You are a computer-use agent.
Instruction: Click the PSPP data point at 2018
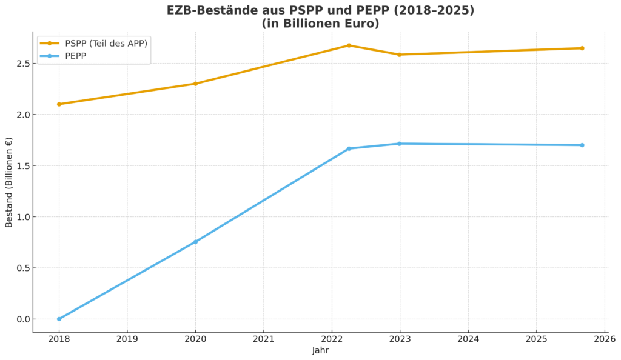59,104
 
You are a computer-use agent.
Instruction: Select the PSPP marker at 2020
195,84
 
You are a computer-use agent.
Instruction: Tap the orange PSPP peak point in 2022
349,45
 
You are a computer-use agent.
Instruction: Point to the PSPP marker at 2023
399,55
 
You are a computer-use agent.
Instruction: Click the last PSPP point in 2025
582,48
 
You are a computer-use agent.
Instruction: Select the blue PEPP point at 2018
59,319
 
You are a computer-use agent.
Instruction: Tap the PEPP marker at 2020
195,242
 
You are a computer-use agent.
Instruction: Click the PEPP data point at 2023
399,144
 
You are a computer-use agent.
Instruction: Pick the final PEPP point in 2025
582,145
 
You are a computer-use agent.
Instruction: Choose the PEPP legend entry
76,56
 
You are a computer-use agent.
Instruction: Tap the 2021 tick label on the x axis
263,339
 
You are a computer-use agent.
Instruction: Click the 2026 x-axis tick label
604,339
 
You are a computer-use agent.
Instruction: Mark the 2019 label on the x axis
127,339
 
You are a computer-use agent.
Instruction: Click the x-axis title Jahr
320,350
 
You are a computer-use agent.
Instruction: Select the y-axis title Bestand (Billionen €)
9,182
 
